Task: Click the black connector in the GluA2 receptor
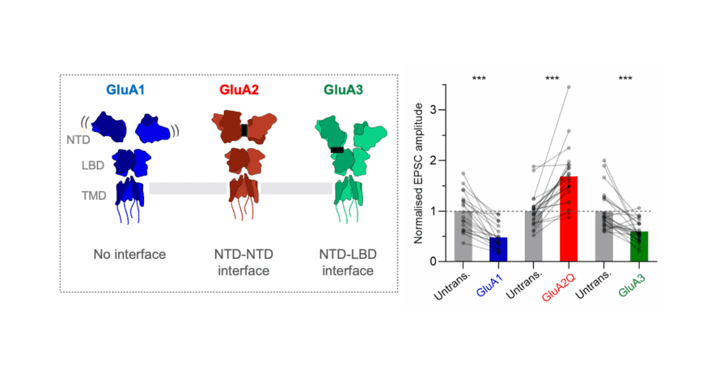point(243,131)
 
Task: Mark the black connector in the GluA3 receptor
point(336,150)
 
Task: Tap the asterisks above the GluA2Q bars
point(552,79)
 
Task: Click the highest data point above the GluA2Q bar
point(568,87)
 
